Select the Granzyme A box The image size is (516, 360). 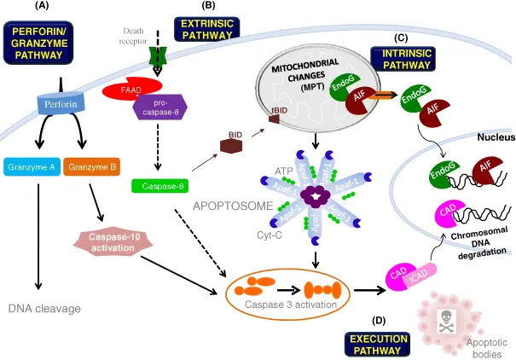(29, 165)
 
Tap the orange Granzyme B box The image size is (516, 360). (90, 165)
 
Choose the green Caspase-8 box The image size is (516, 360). (159, 184)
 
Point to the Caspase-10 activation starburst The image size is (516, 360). (113, 241)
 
